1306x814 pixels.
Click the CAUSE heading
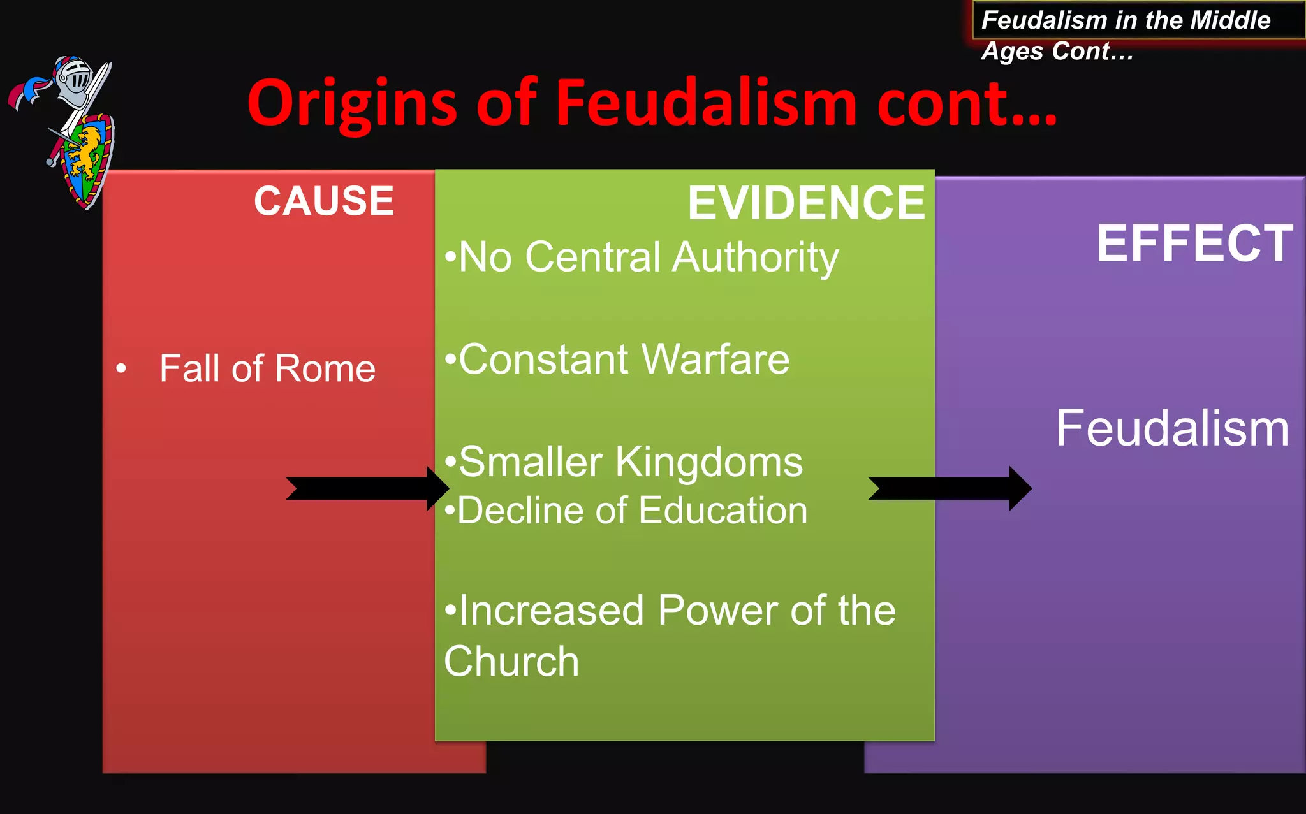pyautogui.click(x=324, y=201)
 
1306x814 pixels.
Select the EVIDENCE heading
pyautogui.click(x=806, y=203)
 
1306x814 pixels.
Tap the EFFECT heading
pyautogui.click(x=1194, y=243)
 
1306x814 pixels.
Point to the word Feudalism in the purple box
pyautogui.click(x=1172, y=428)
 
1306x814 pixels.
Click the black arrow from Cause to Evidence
pyautogui.click(x=367, y=488)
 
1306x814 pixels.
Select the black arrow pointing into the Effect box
pyautogui.click(x=950, y=488)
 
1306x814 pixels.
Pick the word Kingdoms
pyautogui.click(x=708, y=462)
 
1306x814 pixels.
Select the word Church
pyautogui.click(x=511, y=662)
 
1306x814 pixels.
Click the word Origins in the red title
pyautogui.click(x=352, y=103)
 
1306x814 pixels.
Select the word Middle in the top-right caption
pyautogui.click(x=1230, y=20)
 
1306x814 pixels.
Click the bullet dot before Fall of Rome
pyautogui.click(x=121, y=368)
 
